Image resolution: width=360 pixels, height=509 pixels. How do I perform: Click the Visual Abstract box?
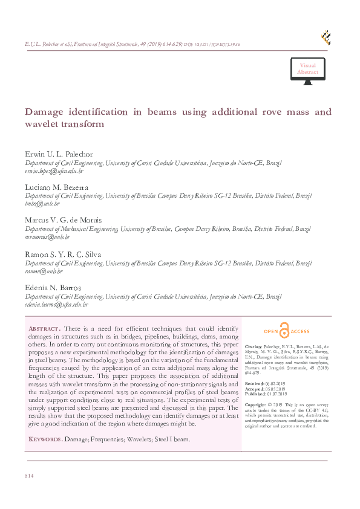pos(307,68)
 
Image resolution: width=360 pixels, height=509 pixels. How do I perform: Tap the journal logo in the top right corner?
pos(326,37)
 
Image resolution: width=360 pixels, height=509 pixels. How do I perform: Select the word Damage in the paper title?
pos(44,112)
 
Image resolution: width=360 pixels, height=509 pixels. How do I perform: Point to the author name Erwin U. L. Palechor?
pos(59,154)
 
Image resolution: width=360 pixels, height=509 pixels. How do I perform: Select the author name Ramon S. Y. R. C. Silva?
pos(64,253)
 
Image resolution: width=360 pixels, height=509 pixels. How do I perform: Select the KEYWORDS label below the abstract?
pos(45,439)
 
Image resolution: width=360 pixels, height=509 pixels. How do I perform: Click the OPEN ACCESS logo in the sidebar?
pos(287,331)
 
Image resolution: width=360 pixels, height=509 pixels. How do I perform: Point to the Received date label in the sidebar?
pos(254,383)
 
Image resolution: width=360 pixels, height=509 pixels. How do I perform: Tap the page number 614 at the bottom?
pos(29,476)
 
